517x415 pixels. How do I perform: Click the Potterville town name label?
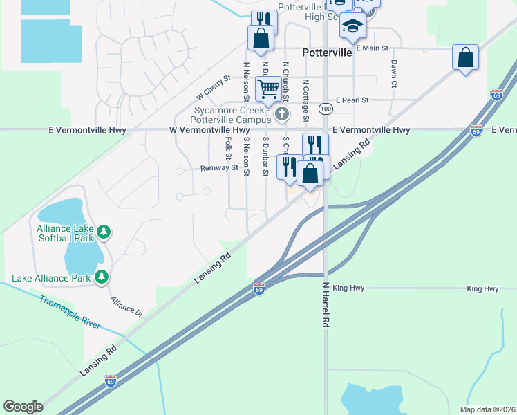[x=327, y=53]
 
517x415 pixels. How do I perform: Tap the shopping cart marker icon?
[x=267, y=89]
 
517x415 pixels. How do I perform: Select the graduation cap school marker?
[x=352, y=26]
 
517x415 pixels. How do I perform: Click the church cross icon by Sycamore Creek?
[x=281, y=113]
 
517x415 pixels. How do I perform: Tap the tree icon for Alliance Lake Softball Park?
[x=103, y=232]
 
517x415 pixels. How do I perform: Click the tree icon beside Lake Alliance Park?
[x=102, y=277]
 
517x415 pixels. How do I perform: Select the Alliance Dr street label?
[x=126, y=307]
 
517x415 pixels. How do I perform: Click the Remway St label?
[x=219, y=167]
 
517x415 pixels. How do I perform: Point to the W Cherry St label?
[x=213, y=87]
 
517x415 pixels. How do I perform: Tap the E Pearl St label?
[x=352, y=100]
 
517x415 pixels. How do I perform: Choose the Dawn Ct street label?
[x=394, y=73]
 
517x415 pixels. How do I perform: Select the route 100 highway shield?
[x=326, y=109]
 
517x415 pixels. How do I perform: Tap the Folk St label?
[x=228, y=148]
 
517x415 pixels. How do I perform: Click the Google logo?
[x=23, y=407]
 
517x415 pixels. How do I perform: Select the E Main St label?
[x=373, y=48]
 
